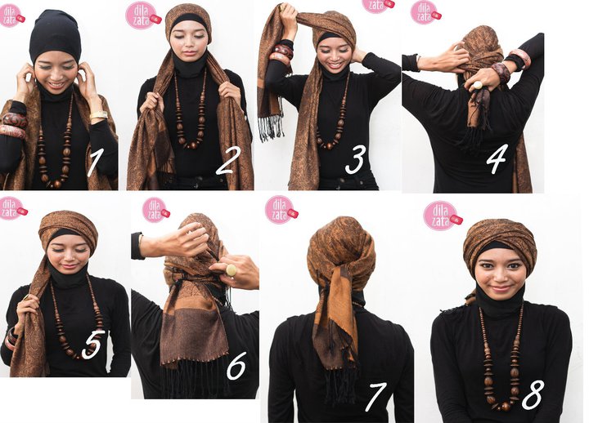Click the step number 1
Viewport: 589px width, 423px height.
pyautogui.click(x=93, y=163)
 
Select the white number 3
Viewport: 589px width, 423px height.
pyautogui.click(x=354, y=160)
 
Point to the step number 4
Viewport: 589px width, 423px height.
pyautogui.click(x=496, y=160)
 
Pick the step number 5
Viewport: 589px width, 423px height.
pyautogui.click(x=92, y=345)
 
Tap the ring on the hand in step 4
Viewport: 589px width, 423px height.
pyautogui.click(x=476, y=82)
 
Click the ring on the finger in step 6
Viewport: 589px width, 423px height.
pyautogui.click(x=231, y=269)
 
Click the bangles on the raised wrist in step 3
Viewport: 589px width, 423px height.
pyautogui.click(x=282, y=54)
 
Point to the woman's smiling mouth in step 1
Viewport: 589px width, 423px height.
pyautogui.click(x=56, y=83)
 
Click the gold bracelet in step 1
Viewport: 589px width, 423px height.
pyautogui.click(x=99, y=116)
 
